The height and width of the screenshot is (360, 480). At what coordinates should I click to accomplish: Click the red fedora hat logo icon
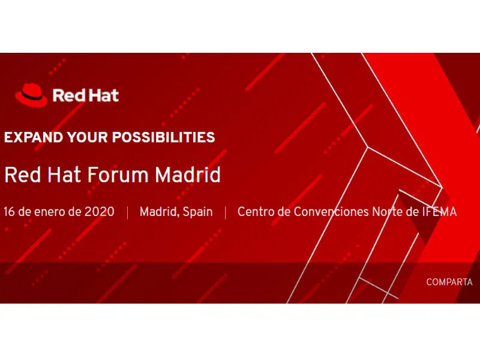click(x=31, y=95)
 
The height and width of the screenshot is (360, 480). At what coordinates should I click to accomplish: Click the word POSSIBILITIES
click(x=163, y=137)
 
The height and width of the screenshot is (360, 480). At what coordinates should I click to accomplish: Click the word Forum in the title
click(x=118, y=175)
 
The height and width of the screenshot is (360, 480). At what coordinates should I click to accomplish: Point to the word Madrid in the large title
click(x=187, y=175)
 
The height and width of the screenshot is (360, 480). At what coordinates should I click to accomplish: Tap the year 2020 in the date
click(x=99, y=212)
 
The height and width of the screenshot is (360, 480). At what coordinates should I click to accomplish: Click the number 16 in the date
click(x=9, y=212)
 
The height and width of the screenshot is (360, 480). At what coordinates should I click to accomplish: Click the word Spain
click(x=197, y=212)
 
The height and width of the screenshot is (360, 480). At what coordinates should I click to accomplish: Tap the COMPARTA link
click(x=449, y=282)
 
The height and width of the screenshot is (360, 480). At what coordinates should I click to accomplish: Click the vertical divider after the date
click(x=127, y=212)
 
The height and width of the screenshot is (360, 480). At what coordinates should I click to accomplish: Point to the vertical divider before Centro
click(x=226, y=212)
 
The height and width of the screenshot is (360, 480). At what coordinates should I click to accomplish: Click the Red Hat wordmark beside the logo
click(x=85, y=95)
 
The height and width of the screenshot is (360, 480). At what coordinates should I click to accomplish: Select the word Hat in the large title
click(x=64, y=175)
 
